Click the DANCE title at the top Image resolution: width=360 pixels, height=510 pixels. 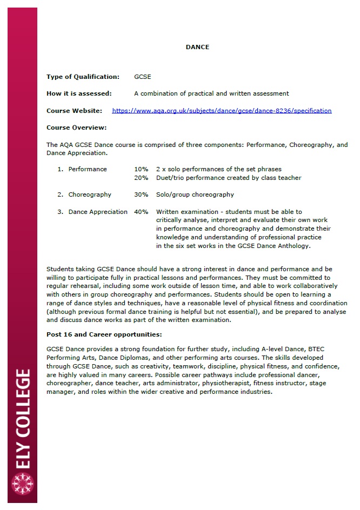coord(197,47)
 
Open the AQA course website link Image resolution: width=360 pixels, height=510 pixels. coord(222,111)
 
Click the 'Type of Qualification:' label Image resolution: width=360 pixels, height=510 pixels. coord(83,77)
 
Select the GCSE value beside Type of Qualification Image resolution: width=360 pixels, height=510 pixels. coord(143,77)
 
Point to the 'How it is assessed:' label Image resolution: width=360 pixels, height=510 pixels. coord(79,93)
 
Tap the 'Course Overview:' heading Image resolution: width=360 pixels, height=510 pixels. coord(76,127)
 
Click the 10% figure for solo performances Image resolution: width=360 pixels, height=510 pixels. coord(141,169)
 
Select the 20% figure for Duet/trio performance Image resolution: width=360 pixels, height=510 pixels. coord(141,178)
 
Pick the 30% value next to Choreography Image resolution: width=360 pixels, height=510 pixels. coord(141,194)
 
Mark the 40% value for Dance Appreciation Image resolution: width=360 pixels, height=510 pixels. coord(141,212)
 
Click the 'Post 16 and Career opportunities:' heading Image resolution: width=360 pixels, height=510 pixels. coord(104,334)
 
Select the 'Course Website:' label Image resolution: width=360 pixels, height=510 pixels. coord(74,111)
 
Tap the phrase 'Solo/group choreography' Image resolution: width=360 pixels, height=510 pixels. coord(195,194)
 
